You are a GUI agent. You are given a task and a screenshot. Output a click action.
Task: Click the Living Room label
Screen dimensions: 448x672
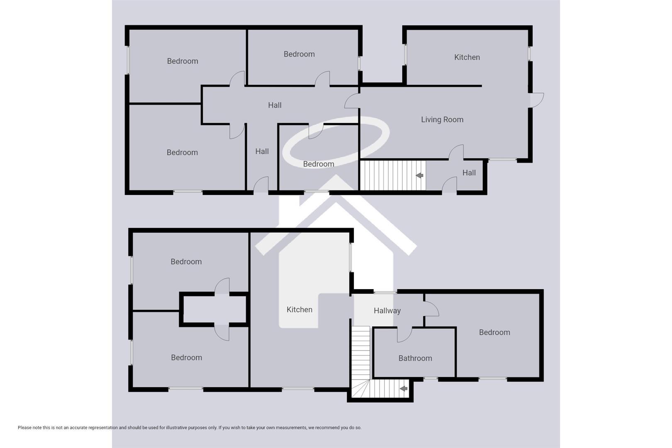tap(442, 119)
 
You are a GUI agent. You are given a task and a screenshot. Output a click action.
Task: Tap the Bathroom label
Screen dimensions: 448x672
tap(415, 358)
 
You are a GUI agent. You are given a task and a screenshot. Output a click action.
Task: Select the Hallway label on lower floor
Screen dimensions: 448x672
tap(387, 311)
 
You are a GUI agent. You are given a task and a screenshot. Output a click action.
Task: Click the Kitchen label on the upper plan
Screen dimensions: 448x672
tap(467, 57)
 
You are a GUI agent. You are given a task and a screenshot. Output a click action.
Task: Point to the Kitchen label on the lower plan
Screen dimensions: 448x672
tap(299, 309)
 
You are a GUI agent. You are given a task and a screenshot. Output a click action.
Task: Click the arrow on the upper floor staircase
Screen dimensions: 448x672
tap(419, 175)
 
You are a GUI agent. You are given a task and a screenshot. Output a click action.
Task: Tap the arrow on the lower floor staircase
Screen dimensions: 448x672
tap(403, 389)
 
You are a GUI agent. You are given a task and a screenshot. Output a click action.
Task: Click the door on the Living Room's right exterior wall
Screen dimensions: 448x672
tap(537, 100)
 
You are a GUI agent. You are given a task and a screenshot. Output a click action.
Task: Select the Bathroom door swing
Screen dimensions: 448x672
tap(404, 334)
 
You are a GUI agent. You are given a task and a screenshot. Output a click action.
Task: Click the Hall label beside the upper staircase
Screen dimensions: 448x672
tap(469, 173)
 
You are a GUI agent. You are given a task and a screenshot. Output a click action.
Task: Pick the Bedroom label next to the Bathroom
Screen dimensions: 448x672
tap(494, 332)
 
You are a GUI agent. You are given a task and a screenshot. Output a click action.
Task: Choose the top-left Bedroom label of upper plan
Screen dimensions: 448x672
tap(182, 61)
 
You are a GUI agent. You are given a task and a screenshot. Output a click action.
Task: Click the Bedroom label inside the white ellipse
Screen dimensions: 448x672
tap(318, 164)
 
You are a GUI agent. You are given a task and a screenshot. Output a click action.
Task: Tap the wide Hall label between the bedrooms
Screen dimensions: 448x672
tap(274, 105)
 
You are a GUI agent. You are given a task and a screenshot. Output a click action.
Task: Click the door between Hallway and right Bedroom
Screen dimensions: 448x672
tap(431, 309)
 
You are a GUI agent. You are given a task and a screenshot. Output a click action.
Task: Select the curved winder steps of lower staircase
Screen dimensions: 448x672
tap(360, 388)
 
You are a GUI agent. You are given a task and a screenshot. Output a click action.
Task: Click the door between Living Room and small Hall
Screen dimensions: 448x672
tap(456, 152)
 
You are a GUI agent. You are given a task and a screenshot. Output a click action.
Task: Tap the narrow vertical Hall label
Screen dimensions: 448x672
tap(262, 151)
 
